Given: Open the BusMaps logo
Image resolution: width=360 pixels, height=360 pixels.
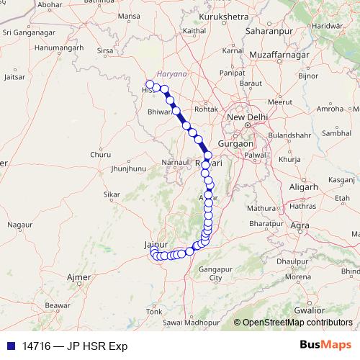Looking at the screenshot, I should coord(325,346).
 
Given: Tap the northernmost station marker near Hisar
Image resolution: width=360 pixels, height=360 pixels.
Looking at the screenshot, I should coord(150,84).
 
